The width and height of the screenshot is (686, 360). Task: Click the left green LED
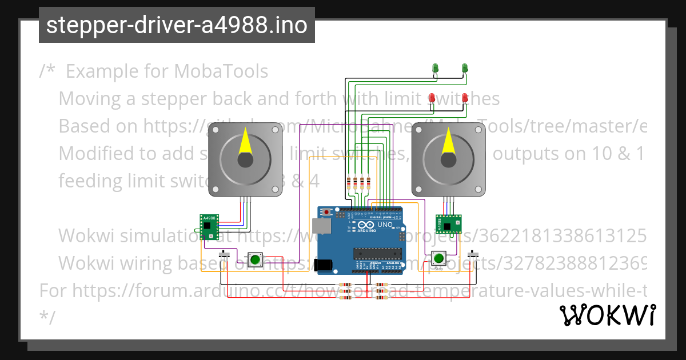[x=435, y=69]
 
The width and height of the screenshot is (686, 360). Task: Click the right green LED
[x=464, y=69]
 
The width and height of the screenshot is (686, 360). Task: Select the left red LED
[x=433, y=98]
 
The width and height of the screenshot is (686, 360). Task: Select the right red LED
[x=465, y=98]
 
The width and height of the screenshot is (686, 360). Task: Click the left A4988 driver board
[x=209, y=226]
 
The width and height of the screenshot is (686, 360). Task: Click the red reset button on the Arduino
[x=326, y=213]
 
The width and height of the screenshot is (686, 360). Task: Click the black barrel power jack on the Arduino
[x=325, y=265]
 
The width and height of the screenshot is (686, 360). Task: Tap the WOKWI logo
[x=607, y=315]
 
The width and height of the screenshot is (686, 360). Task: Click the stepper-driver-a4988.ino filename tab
[x=177, y=25]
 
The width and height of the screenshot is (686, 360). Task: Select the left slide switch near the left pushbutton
[x=226, y=254]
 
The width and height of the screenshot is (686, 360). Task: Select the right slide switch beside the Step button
[x=473, y=253]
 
